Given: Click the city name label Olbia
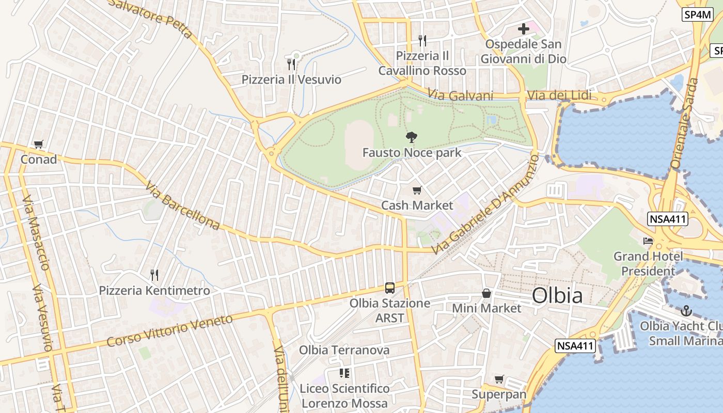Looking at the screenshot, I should pyautogui.click(x=557, y=296).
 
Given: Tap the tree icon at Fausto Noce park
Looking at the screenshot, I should pyautogui.click(x=412, y=137).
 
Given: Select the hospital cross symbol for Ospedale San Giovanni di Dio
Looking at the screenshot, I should pyautogui.click(x=524, y=29).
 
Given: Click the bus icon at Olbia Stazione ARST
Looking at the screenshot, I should pyautogui.click(x=390, y=288).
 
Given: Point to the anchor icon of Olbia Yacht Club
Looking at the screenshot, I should pyautogui.click(x=686, y=311).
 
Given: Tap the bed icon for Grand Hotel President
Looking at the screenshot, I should pyautogui.click(x=648, y=241).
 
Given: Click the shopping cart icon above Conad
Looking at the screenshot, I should pyautogui.click(x=38, y=145).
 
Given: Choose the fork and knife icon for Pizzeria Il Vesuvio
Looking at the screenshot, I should pyautogui.click(x=291, y=65).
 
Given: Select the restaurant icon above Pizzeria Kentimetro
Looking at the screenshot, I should pyautogui.click(x=154, y=275).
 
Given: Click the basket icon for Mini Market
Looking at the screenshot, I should pyautogui.click(x=486, y=293).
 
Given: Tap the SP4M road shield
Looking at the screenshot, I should pyautogui.click(x=697, y=15).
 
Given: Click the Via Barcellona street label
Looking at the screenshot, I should pyautogui.click(x=182, y=205).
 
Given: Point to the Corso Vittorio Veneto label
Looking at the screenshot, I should pyautogui.click(x=170, y=331).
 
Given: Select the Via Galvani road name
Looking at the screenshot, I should pyautogui.click(x=460, y=96).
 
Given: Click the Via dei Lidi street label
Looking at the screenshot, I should pyautogui.click(x=559, y=96).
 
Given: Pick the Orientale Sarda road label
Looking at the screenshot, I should pyautogui.click(x=683, y=131).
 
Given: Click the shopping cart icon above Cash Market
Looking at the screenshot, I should pyautogui.click(x=417, y=190).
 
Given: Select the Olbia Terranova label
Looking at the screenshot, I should pyautogui.click(x=344, y=350).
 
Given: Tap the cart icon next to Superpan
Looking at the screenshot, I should pyautogui.click(x=499, y=379).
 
